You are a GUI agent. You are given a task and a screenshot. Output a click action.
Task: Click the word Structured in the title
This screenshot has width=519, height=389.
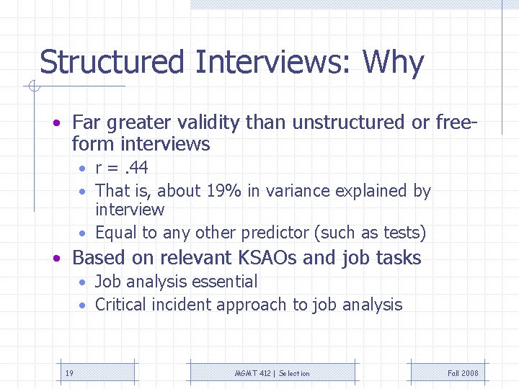click(112, 63)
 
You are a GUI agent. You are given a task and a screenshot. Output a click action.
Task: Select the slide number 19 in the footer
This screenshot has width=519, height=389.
click(69, 373)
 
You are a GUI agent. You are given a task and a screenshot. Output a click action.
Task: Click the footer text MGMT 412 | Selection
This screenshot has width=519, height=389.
click(272, 373)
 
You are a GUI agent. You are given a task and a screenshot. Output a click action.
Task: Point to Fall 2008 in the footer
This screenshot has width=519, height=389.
click(463, 373)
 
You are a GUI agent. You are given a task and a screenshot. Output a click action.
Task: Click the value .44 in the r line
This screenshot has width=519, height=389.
click(136, 168)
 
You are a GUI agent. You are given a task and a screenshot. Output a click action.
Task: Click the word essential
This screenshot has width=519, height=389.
click(224, 282)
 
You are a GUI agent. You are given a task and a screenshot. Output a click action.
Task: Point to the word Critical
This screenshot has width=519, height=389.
click(120, 305)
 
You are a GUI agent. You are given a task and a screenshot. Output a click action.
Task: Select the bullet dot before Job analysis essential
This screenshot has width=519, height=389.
click(84, 282)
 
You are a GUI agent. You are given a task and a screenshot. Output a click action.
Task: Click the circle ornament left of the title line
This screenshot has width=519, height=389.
click(33, 87)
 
